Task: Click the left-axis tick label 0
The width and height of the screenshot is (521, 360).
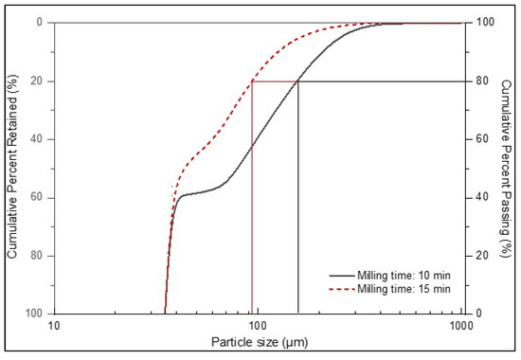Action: point(40,23)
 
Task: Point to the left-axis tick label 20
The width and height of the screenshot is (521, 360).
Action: point(37,81)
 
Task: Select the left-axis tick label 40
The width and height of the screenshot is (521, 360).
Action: point(37,139)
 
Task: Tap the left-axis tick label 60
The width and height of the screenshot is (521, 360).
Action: point(37,197)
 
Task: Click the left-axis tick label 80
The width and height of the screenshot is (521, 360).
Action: point(37,256)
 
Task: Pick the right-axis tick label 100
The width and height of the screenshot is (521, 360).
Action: point(485,23)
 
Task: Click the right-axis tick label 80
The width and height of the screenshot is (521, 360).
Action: point(482,81)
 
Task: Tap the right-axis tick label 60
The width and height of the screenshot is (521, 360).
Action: point(482,139)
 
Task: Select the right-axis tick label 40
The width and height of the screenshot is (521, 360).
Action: point(482,197)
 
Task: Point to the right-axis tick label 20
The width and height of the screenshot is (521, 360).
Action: point(482,256)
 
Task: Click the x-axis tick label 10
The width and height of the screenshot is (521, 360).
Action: point(54,326)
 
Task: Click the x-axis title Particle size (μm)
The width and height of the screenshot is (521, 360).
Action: point(260,342)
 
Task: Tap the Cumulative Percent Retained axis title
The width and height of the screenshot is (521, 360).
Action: point(12,167)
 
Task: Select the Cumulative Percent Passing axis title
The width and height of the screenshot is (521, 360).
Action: point(506,169)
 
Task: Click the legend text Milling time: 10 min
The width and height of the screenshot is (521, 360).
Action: point(404,276)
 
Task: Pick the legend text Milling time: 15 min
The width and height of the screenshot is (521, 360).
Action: point(404,289)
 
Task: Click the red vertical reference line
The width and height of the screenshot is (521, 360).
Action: point(252,197)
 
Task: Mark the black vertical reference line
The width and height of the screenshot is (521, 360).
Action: point(298,197)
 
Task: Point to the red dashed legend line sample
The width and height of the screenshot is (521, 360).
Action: point(342,289)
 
